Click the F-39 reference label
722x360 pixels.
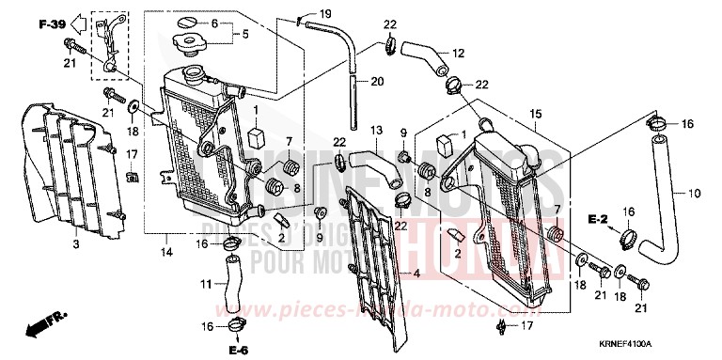(53, 23)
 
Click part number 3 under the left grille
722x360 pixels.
(74, 245)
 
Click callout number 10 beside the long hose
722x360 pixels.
(696, 195)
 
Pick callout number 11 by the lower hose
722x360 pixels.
(206, 282)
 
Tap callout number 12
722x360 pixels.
(458, 52)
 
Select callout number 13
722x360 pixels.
(375, 129)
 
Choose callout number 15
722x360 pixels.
(535, 115)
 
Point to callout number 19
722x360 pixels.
(325, 13)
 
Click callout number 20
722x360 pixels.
(377, 82)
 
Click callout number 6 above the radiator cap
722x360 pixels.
(213, 23)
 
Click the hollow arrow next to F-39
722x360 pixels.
(84, 23)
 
